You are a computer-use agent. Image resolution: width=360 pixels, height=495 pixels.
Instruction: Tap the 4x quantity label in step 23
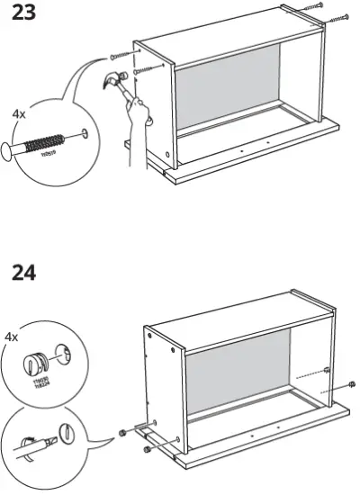point(19,115)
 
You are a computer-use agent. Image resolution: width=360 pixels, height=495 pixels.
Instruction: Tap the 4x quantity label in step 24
point(13,337)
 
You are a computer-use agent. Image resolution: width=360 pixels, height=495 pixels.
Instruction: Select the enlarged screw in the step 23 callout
point(44,144)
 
